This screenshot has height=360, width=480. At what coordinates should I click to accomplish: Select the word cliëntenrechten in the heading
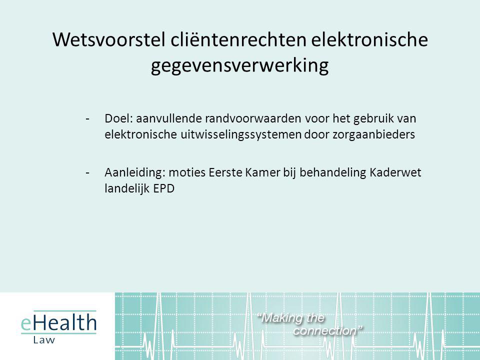tap(238, 39)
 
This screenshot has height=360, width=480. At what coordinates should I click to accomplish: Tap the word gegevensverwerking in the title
tap(239, 66)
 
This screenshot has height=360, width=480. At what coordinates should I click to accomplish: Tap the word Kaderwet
tap(395, 172)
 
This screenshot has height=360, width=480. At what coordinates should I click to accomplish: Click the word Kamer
tap(262, 172)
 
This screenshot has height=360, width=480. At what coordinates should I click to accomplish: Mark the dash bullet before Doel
tap(87, 119)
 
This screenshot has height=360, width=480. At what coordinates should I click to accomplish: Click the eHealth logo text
tap(58, 322)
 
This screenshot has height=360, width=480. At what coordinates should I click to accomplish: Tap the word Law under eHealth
tap(44, 340)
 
